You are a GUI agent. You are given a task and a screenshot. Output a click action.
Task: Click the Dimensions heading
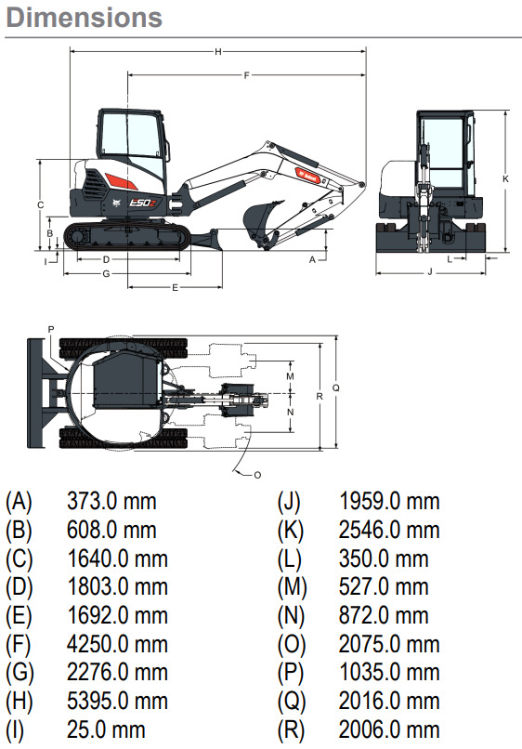[84, 18]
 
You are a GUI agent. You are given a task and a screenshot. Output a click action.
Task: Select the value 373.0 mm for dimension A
[111, 502]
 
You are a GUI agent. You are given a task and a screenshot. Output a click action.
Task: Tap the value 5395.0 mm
[117, 701]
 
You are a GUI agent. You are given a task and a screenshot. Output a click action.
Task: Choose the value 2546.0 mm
[389, 531]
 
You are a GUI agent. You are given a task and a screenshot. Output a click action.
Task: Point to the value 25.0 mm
[106, 729]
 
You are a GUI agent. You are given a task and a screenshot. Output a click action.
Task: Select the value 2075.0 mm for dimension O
[389, 644]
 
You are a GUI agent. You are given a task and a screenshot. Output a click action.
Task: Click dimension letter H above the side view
[217, 52]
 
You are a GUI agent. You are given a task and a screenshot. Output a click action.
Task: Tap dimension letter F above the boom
[246, 75]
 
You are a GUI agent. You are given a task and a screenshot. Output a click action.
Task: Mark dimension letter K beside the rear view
[505, 177]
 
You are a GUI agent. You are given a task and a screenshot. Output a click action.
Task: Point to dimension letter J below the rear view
[430, 272]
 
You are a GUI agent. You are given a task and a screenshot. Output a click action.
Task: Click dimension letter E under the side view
[175, 288]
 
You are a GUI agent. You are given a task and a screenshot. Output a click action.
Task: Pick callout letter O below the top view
[257, 475]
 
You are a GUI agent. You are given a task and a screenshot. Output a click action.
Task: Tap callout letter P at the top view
[51, 329]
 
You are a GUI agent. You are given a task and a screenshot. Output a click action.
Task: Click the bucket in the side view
[261, 218]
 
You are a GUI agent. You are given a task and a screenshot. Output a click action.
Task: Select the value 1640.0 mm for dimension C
[117, 558]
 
